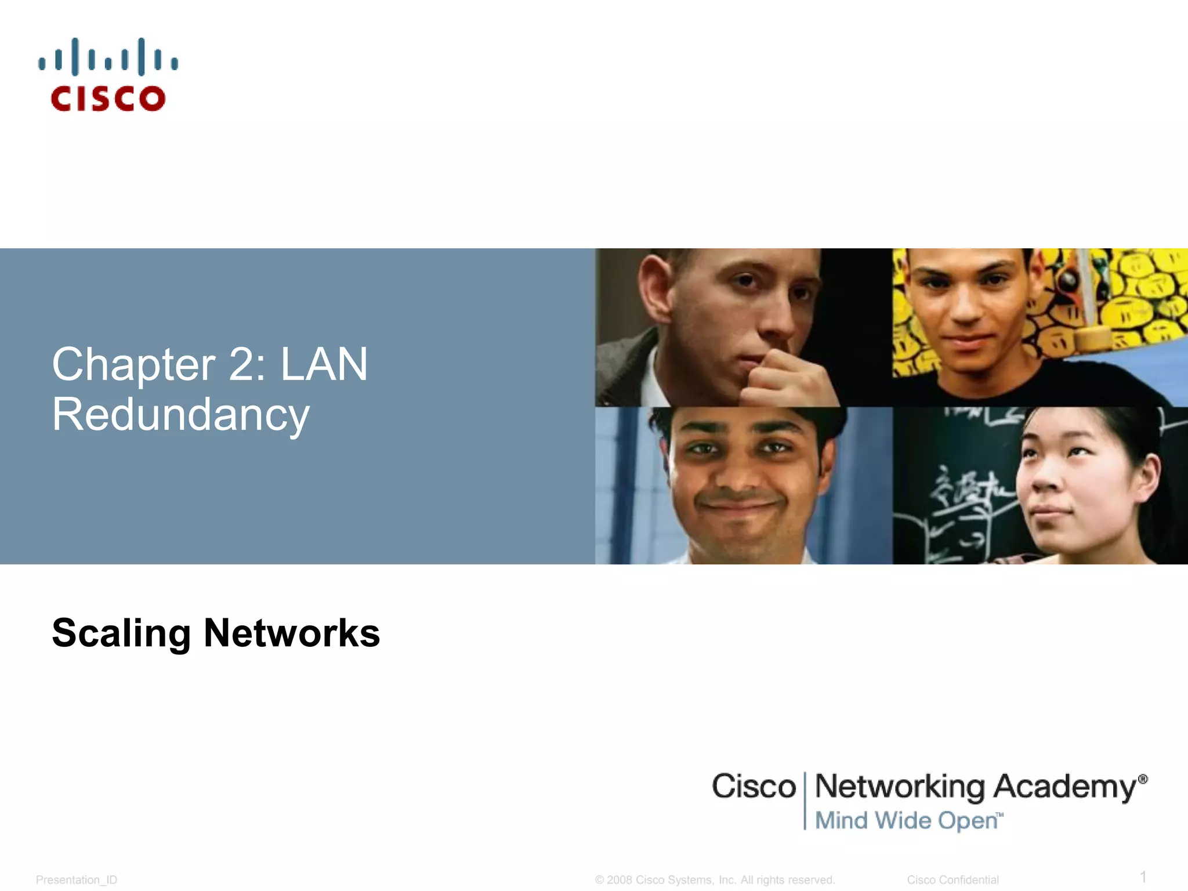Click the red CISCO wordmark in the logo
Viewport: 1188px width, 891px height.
coord(108,99)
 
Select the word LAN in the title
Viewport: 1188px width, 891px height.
coord(324,364)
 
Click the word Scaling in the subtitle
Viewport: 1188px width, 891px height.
coord(121,633)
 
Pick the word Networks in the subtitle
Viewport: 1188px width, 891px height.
coord(292,633)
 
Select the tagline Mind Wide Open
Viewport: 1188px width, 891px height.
coord(908,821)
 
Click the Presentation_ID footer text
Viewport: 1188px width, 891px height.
coord(77,880)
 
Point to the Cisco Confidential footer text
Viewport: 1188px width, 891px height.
coord(952,880)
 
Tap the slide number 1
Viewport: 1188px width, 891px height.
coord(1143,876)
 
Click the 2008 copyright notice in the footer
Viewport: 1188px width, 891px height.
coord(715,880)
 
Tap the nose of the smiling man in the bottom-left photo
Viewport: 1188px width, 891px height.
coord(736,473)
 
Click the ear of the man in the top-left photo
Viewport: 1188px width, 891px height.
coord(655,290)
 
